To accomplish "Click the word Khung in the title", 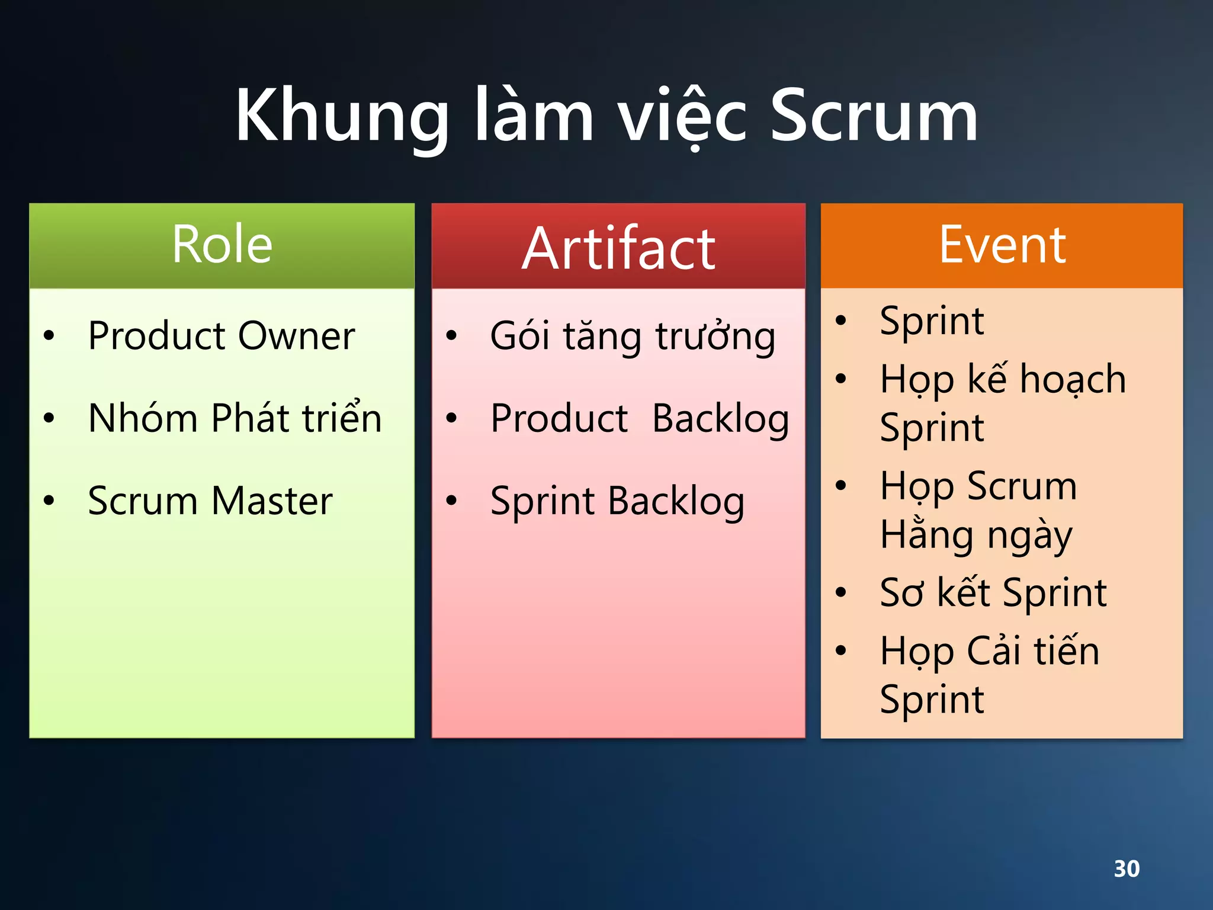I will coord(342,116).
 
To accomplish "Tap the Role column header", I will coord(222,245).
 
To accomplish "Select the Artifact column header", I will coord(618,249).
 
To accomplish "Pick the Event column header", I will coord(1002,245).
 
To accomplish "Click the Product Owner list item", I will coord(221,336).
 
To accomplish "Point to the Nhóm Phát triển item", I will coord(235,418).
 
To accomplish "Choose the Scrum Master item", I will coord(210,501).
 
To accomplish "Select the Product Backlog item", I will coord(640,419).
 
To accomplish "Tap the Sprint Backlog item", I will coord(617,502).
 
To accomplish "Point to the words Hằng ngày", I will coord(976,536).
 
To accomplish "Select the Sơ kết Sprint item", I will coord(993,592).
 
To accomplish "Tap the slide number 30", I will coord(1127,869).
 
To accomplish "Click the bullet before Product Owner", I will coord(49,336).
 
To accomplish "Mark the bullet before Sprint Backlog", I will coord(452,501).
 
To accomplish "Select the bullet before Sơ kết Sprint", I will coord(840,592).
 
